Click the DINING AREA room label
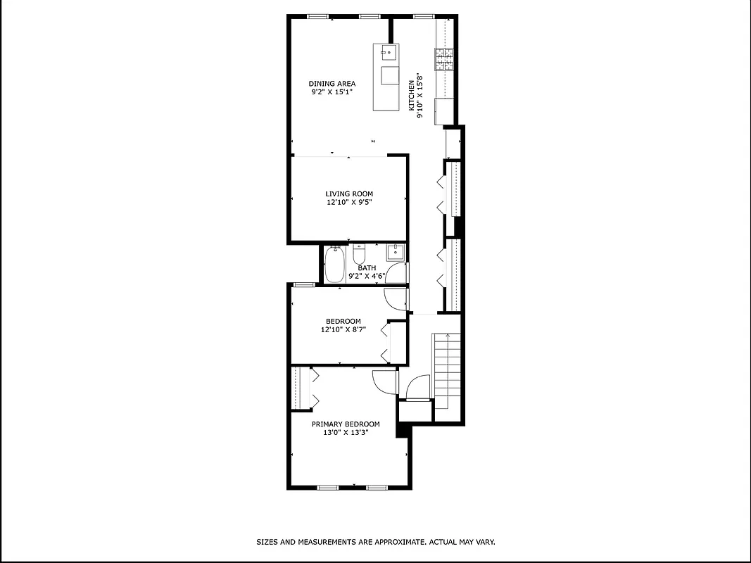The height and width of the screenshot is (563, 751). pos(332,84)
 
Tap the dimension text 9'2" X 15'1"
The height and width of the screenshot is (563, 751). pos(332,91)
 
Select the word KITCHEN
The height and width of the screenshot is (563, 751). pos(412,95)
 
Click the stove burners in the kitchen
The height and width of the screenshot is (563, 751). pos(444,59)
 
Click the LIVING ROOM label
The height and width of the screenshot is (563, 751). pos(349,194)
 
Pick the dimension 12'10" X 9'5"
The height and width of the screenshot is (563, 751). pos(349,202)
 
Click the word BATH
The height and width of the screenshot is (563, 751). pos(367,268)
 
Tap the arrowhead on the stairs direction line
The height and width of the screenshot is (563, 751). pos(446,337)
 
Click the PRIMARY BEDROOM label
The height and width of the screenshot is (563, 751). pos(346,424)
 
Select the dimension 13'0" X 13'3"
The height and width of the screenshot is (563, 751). pos(346,433)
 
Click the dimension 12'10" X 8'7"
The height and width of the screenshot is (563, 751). pos(343,329)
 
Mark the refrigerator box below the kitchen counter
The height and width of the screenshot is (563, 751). pos(445,110)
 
